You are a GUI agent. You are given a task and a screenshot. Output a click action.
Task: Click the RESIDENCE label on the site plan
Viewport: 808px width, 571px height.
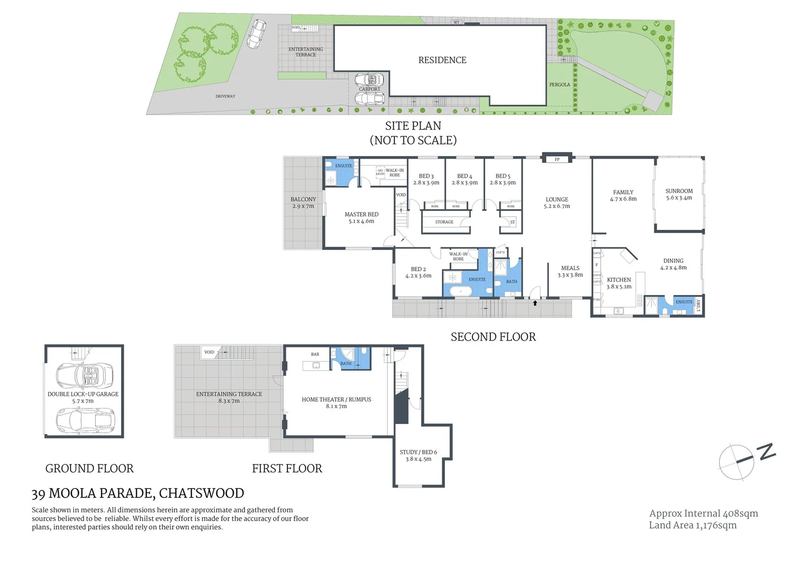[x=442, y=60]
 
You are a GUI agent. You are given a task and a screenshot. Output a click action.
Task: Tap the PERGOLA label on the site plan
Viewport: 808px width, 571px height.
[x=560, y=85]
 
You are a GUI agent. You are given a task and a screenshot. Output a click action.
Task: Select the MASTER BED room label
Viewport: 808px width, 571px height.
[x=361, y=214]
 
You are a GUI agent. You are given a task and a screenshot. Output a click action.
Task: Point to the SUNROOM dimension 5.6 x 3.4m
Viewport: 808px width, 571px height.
[x=679, y=198]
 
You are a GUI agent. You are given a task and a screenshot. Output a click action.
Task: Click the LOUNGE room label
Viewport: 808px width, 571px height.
[x=557, y=199]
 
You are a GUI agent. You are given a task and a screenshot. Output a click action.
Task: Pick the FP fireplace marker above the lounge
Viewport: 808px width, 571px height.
[x=557, y=159]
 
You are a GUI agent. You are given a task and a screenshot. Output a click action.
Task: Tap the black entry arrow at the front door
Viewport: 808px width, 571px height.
[x=535, y=303]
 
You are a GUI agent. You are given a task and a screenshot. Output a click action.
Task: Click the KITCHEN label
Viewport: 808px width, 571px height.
[x=619, y=280]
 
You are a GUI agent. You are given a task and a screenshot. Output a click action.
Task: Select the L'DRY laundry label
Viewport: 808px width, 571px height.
[x=699, y=306]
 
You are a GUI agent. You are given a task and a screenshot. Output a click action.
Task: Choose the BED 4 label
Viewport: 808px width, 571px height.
[x=465, y=176]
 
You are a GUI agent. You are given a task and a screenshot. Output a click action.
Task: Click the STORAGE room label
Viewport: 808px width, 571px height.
[x=444, y=222]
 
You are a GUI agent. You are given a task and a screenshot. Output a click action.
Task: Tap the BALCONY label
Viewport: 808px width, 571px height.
[x=303, y=199]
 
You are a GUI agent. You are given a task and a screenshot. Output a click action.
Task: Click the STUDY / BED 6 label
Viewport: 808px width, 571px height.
[x=418, y=452]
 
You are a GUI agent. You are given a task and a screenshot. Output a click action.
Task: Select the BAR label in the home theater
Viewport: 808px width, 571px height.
[x=315, y=354]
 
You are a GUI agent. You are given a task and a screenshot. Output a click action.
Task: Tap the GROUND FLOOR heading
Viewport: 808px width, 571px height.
[x=89, y=468]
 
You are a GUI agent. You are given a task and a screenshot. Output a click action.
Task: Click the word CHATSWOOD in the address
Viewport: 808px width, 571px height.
[x=201, y=493]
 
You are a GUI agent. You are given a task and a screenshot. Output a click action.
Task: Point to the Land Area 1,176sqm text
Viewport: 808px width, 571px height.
[x=693, y=525]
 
